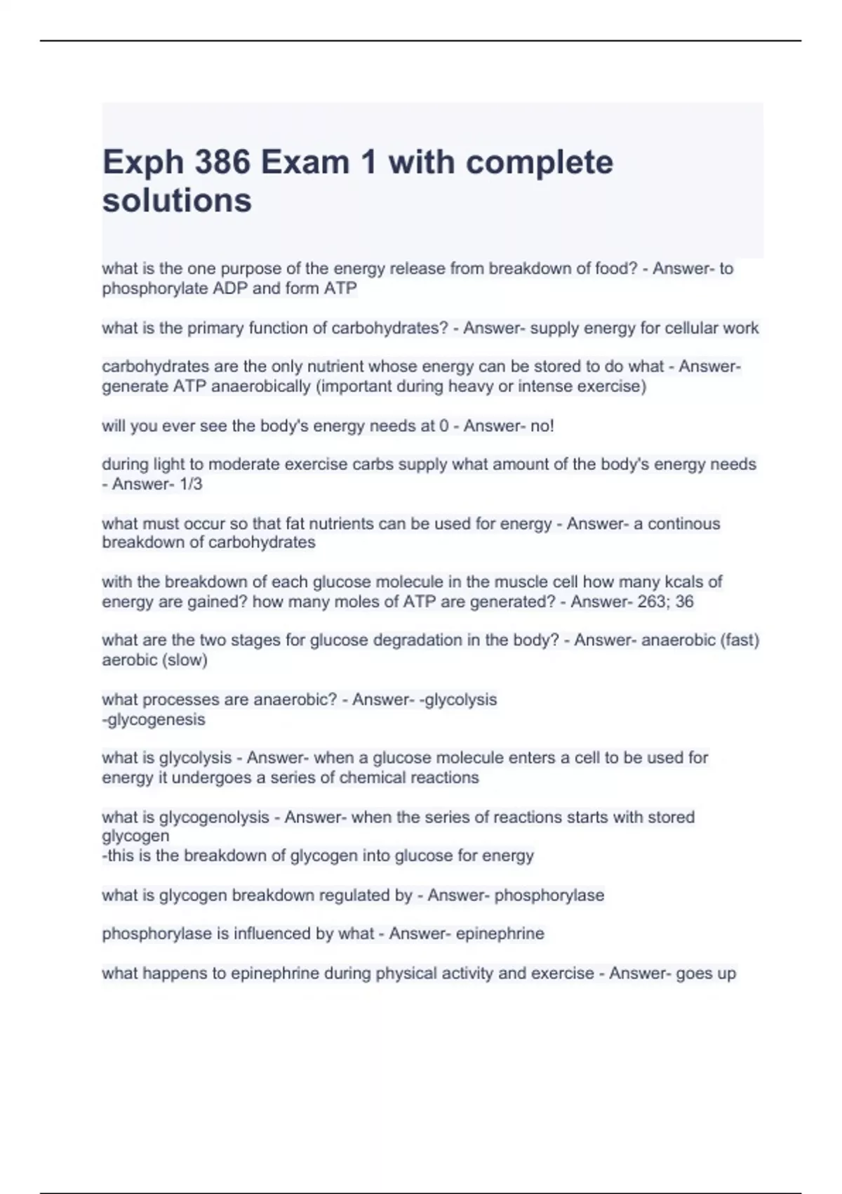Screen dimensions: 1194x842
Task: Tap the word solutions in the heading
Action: click(x=177, y=201)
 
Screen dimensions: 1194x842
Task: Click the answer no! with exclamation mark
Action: click(x=543, y=426)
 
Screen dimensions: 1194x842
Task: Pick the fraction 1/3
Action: click(x=191, y=484)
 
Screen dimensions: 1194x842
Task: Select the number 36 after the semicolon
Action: click(x=684, y=602)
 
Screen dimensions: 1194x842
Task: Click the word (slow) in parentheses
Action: click(x=185, y=660)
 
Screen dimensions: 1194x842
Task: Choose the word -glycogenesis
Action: click(x=154, y=720)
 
